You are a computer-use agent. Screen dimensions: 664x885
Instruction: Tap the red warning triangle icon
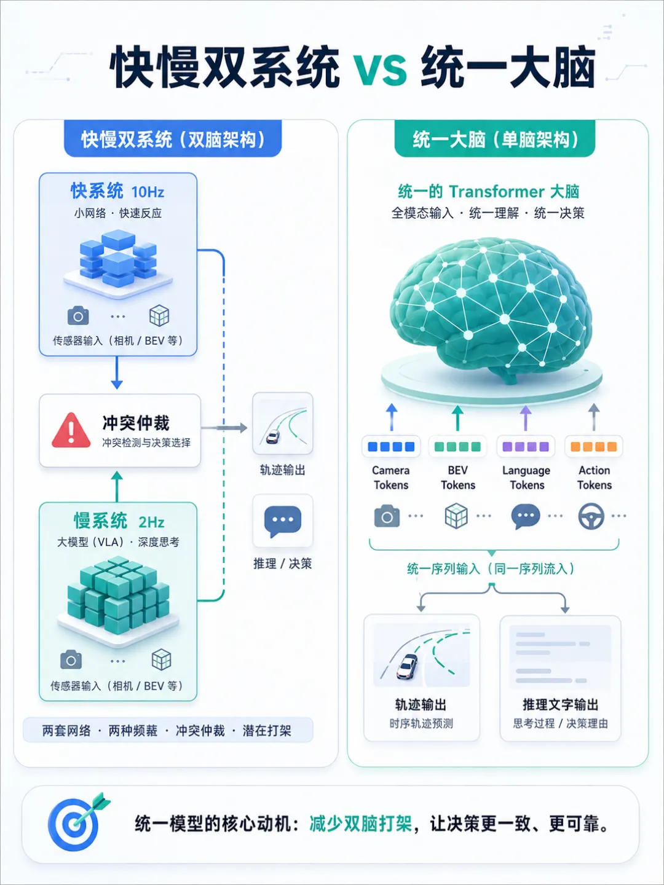pyautogui.click(x=71, y=431)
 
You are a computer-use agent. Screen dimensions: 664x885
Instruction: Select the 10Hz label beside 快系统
pyautogui.click(x=148, y=192)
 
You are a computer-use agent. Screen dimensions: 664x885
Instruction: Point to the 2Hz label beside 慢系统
pyautogui.click(x=151, y=522)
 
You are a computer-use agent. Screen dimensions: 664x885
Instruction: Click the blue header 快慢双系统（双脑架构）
pyautogui.click(x=173, y=140)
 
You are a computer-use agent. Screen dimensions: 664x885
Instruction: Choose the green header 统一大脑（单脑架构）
pyautogui.click(x=495, y=140)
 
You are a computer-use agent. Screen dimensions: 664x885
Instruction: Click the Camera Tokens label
pyautogui.click(x=390, y=478)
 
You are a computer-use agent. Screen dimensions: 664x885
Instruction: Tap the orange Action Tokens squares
pyautogui.click(x=594, y=446)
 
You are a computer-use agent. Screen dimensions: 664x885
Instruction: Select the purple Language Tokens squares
pyautogui.click(x=526, y=446)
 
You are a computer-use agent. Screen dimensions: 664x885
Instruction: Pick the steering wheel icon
pyautogui.click(x=591, y=516)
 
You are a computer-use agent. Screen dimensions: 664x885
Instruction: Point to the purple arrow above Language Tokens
pyautogui.click(x=525, y=418)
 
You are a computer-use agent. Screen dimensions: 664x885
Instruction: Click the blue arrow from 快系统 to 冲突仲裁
pyautogui.click(x=117, y=372)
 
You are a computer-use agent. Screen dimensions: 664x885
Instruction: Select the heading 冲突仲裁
pyautogui.click(x=136, y=423)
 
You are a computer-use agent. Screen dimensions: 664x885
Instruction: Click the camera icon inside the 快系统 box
pyautogui.click(x=78, y=316)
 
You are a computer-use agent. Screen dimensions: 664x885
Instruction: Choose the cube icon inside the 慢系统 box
pyautogui.click(x=161, y=659)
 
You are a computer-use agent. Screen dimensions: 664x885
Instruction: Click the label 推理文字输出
pyautogui.click(x=560, y=704)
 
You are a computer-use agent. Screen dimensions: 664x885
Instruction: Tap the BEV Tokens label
pyautogui.click(x=458, y=478)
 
